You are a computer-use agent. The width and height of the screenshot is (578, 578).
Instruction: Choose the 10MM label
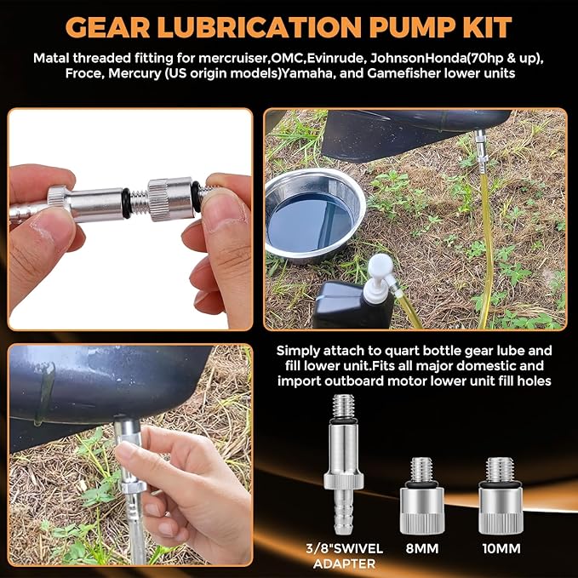click(x=501, y=549)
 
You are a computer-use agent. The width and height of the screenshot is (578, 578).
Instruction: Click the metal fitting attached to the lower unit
click(x=129, y=443)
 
